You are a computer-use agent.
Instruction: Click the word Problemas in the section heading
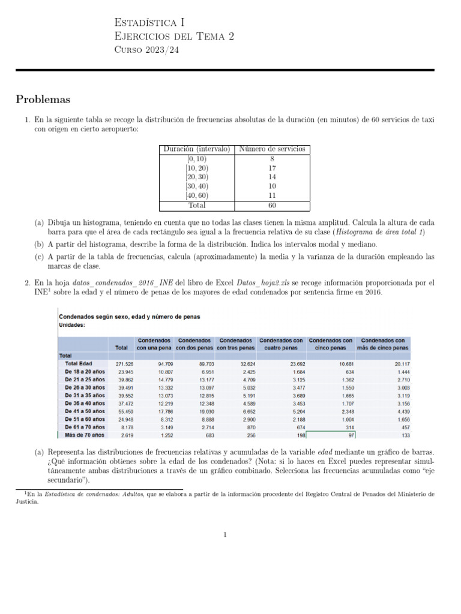click(x=43, y=99)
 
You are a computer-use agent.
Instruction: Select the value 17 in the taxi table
click(x=272, y=168)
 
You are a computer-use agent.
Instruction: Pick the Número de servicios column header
click(x=272, y=149)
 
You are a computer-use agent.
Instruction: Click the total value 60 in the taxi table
click(x=272, y=204)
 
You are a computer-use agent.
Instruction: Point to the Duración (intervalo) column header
click(x=197, y=149)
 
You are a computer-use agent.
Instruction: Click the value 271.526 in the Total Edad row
click(x=124, y=364)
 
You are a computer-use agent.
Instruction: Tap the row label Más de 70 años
click(x=83, y=435)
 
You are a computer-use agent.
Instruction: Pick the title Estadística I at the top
click(x=149, y=23)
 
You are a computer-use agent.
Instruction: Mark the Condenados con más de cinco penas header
click(x=384, y=344)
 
